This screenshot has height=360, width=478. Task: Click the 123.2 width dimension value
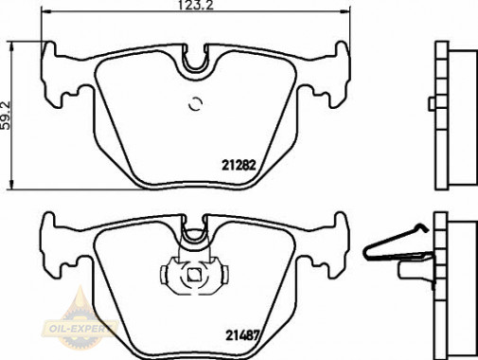click(196, 6)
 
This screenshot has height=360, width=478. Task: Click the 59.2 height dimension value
click(6, 116)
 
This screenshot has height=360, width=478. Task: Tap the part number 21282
click(239, 165)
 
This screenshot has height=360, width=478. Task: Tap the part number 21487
click(242, 335)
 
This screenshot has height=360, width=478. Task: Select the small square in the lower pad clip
click(194, 274)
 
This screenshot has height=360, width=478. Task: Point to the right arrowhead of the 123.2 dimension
click(346, 11)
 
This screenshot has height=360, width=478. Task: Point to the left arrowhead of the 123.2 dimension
click(45, 11)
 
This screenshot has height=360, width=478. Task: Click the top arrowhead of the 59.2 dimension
click(11, 46)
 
